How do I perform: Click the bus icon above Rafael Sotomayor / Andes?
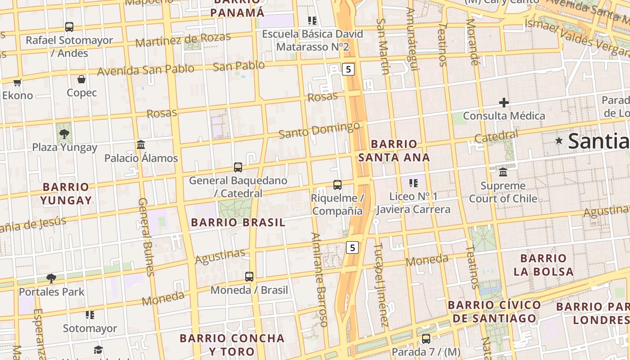coord(69,27)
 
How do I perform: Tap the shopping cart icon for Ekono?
coord(17,82)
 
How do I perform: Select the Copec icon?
coord(81,80)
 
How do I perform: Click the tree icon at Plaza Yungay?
coord(64,134)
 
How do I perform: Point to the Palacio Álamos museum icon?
coord(141,145)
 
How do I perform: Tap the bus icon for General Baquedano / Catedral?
coord(238,167)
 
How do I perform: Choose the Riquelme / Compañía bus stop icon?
coord(337,185)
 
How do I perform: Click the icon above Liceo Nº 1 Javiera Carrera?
coord(413,183)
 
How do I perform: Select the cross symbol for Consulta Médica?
coord(504,103)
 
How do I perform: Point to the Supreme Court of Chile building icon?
coord(503,172)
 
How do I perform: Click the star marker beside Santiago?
coord(559,141)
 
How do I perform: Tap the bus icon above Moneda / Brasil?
coord(249,277)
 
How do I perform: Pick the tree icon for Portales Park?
coord(51,279)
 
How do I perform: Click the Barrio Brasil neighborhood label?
coord(238,222)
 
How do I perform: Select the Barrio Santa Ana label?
coord(394,151)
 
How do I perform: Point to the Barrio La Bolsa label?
coord(544,265)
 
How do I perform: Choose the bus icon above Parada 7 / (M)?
coord(426,339)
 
